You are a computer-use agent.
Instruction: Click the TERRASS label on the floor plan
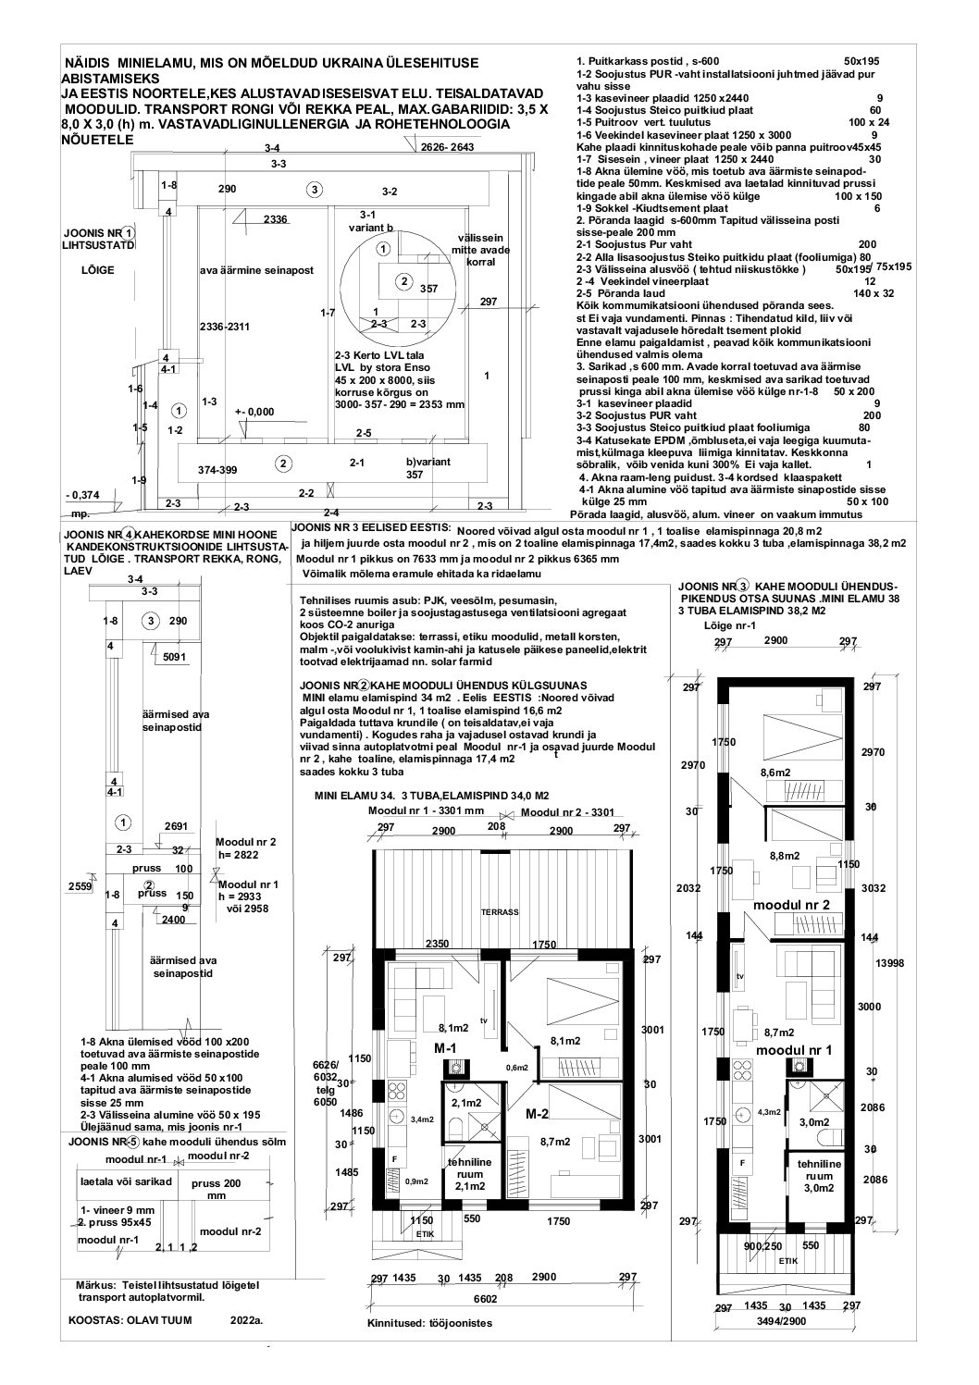[x=501, y=911]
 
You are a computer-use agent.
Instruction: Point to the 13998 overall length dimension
[x=889, y=962]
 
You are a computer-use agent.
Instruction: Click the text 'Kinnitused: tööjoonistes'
[x=430, y=1323]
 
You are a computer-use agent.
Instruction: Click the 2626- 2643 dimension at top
[x=447, y=147]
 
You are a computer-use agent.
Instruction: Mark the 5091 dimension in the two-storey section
[x=175, y=657]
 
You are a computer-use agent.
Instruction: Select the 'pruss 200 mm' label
[x=216, y=1189]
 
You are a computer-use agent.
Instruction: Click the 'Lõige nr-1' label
[x=730, y=626]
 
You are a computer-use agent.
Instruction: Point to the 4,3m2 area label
[x=769, y=1111]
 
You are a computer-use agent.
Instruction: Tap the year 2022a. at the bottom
[x=245, y=1320]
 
